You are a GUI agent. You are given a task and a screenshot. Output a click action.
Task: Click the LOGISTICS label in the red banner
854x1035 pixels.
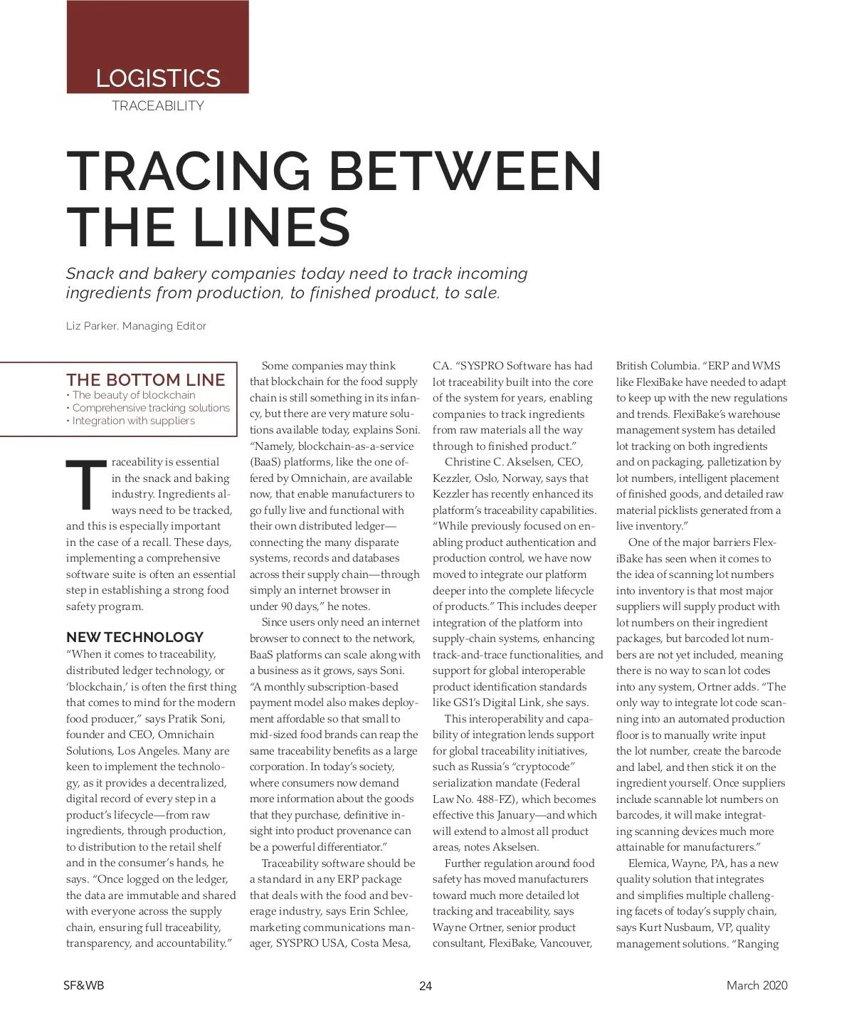click(158, 78)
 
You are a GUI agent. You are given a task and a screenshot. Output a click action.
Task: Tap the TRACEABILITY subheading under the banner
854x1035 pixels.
click(158, 106)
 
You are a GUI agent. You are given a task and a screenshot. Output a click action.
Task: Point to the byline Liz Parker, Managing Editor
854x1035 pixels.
click(136, 326)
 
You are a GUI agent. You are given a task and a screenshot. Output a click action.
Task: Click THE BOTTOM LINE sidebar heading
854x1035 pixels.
click(146, 380)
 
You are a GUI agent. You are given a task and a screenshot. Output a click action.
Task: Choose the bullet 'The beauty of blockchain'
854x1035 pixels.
click(134, 395)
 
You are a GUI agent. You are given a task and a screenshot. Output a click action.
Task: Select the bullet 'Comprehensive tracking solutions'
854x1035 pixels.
click(151, 408)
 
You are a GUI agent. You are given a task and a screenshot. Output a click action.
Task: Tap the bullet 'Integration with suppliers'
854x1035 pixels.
click(134, 421)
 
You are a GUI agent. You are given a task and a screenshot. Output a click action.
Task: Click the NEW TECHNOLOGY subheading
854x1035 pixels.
click(135, 637)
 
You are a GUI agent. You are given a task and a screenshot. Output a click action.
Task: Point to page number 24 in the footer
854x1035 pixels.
click(426, 986)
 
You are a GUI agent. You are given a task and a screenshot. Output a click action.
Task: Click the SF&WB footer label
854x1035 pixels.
click(83, 986)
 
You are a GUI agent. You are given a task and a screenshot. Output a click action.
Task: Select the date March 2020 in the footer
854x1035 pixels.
click(757, 986)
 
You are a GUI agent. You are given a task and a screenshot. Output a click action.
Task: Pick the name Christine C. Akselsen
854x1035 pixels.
click(494, 462)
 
